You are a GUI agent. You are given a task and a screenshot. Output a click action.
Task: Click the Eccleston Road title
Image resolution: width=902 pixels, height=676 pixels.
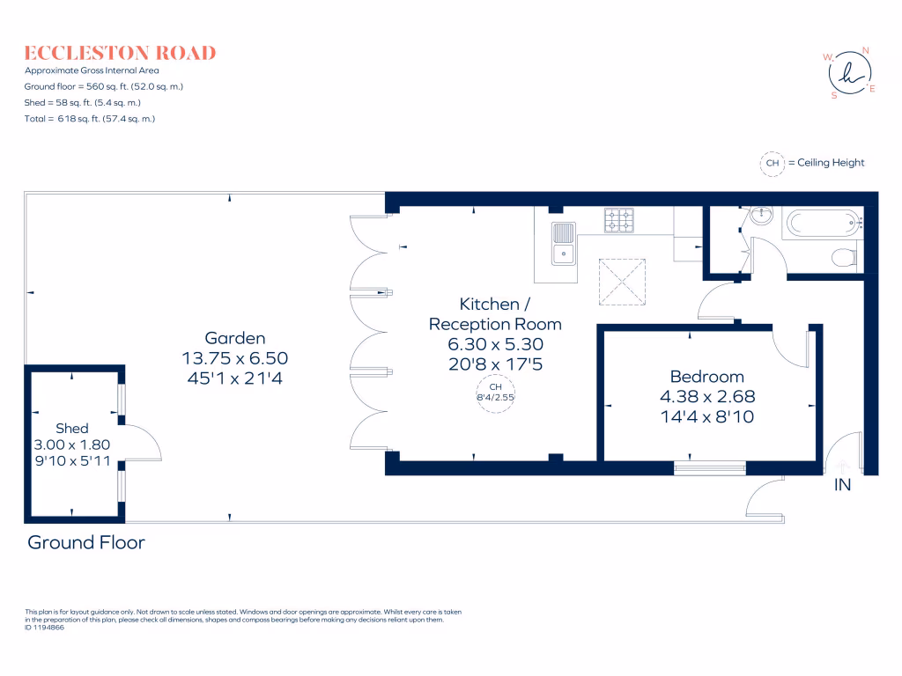pos(120,53)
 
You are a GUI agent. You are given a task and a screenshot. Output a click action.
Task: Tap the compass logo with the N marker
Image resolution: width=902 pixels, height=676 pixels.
pos(850,72)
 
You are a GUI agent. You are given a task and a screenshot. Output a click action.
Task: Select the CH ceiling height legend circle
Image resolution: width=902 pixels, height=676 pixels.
pos(773,163)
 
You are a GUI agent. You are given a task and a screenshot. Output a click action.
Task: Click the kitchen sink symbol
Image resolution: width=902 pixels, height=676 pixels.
pos(562,244)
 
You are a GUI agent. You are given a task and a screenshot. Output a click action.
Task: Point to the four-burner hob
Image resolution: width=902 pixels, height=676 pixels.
pos(617,220)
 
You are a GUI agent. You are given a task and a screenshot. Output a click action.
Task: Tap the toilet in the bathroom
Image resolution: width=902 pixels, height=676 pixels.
pos(844,256)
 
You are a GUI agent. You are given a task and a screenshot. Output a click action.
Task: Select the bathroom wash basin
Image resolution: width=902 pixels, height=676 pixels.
pos(763,216)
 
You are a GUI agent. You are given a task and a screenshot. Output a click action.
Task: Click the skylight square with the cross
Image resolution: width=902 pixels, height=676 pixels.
pos(623,281)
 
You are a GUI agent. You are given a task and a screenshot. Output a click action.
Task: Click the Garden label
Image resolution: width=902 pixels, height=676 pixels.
pos(234,338)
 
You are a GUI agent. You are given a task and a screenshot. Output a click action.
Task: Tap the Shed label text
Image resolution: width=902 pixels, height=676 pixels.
pos(73,428)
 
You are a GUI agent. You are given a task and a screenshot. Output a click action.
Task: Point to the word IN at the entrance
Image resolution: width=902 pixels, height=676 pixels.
pos(842,485)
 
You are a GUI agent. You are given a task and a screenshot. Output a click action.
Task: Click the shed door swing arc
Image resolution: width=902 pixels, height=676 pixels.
pos(145,441)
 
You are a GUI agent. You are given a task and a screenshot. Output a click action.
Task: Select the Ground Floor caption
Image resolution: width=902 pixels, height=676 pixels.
pos(86,542)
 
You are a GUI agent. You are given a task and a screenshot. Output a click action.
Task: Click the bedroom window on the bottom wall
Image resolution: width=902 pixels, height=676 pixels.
pos(710,467)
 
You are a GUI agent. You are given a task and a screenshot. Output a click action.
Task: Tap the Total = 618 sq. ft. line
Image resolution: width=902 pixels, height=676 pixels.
pos(90,119)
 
